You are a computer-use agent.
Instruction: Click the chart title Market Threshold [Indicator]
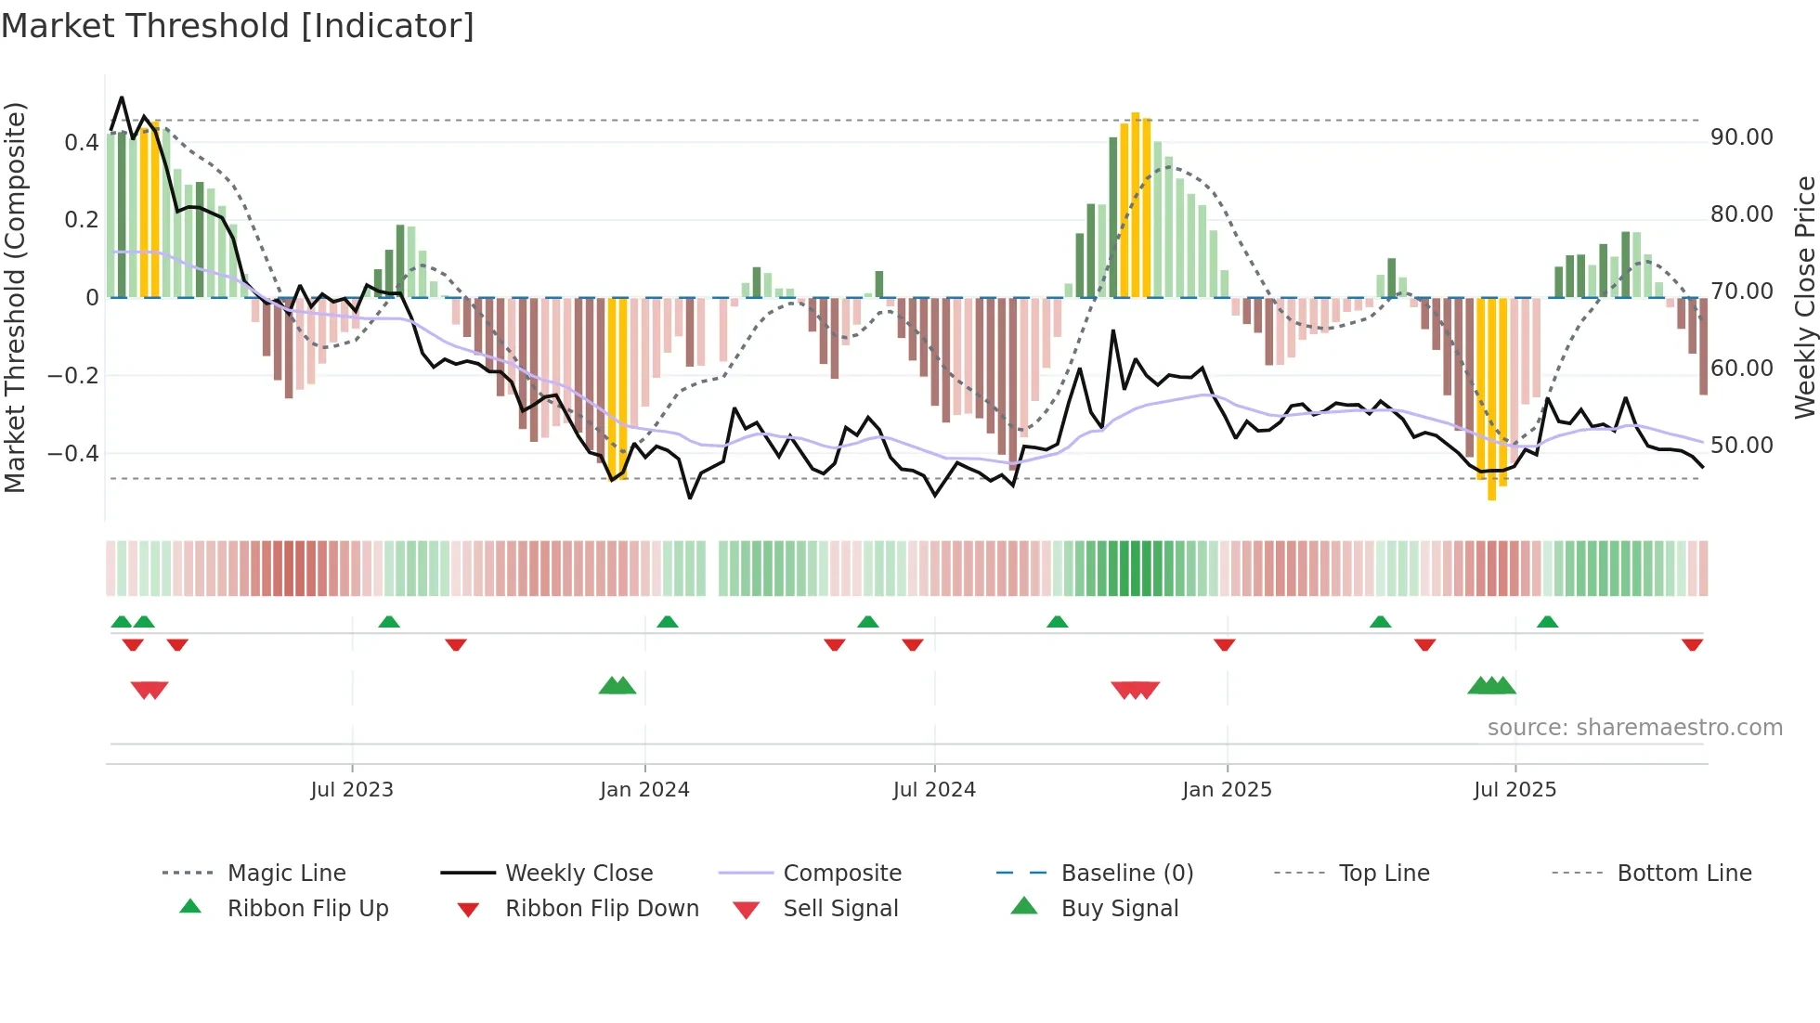[x=238, y=26]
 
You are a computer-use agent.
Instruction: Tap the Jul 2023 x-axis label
[x=352, y=790]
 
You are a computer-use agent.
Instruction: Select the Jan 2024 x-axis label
[x=644, y=790]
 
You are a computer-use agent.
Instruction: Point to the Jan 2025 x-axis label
[x=1227, y=790]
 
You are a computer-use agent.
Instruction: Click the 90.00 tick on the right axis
[x=1741, y=137]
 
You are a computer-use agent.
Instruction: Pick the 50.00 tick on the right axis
[x=1741, y=446]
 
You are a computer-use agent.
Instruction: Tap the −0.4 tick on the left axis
[x=73, y=454]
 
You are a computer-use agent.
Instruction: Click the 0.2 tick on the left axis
[x=81, y=220]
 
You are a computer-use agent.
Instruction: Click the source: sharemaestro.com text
[x=1634, y=728]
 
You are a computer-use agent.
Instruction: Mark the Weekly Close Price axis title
[x=1804, y=297]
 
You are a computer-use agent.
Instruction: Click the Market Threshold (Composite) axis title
[x=15, y=297]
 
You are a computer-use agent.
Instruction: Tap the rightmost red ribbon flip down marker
[x=1692, y=644]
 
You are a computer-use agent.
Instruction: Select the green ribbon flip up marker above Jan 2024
[x=668, y=622]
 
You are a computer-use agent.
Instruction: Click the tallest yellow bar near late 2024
[x=1135, y=204]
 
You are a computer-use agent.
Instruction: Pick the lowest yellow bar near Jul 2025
[x=1491, y=399]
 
